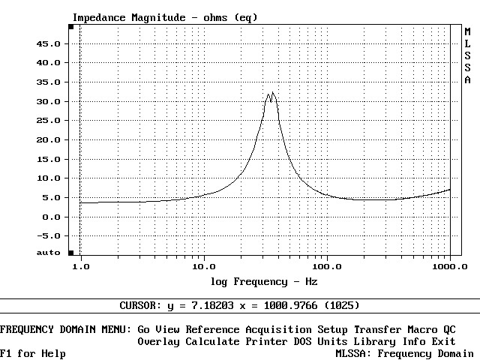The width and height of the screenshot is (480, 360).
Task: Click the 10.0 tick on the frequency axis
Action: (x=203, y=266)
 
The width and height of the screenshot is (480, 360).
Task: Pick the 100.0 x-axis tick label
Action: (x=326, y=266)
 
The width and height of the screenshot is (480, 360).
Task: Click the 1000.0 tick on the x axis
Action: (x=449, y=266)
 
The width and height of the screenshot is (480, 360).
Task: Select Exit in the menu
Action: (x=443, y=341)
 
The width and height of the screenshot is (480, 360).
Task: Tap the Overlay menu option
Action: (x=158, y=341)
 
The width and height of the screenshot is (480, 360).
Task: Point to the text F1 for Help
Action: (x=33, y=353)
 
